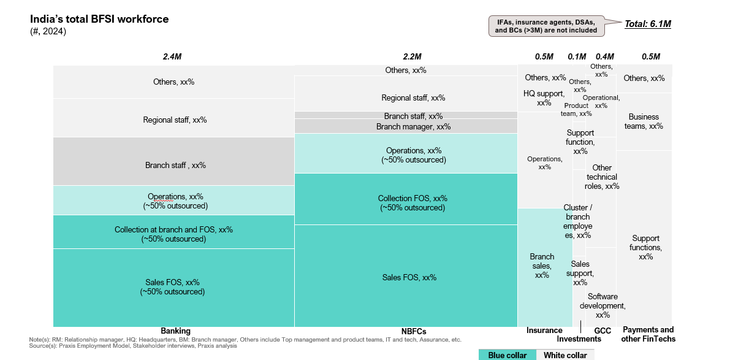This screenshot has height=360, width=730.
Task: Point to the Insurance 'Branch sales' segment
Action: pyautogui.click(x=542, y=267)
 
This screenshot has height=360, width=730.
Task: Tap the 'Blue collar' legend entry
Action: pyautogui.click(x=508, y=355)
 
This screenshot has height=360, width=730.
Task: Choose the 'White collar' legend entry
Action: pyautogui.click(x=566, y=355)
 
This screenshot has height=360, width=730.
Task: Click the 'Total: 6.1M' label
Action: pyautogui.click(x=648, y=24)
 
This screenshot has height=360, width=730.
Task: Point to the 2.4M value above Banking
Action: pyautogui.click(x=172, y=56)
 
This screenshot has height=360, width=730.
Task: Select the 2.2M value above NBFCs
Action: pyautogui.click(x=413, y=56)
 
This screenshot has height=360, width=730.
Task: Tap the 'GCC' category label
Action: pyautogui.click(x=603, y=330)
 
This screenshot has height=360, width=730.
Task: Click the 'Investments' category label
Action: pyautogui.click(x=579, y=339)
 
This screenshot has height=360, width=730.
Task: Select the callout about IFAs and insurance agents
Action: pyautogui.click(x=546, y=26)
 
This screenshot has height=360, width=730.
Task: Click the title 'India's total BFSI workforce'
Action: pyautogui.click(x=99, y=19)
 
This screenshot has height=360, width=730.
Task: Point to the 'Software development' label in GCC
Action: pyautogui.click(x=602, y=305)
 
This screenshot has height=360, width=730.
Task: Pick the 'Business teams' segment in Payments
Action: pyautogui.click(x=644, y=121)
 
